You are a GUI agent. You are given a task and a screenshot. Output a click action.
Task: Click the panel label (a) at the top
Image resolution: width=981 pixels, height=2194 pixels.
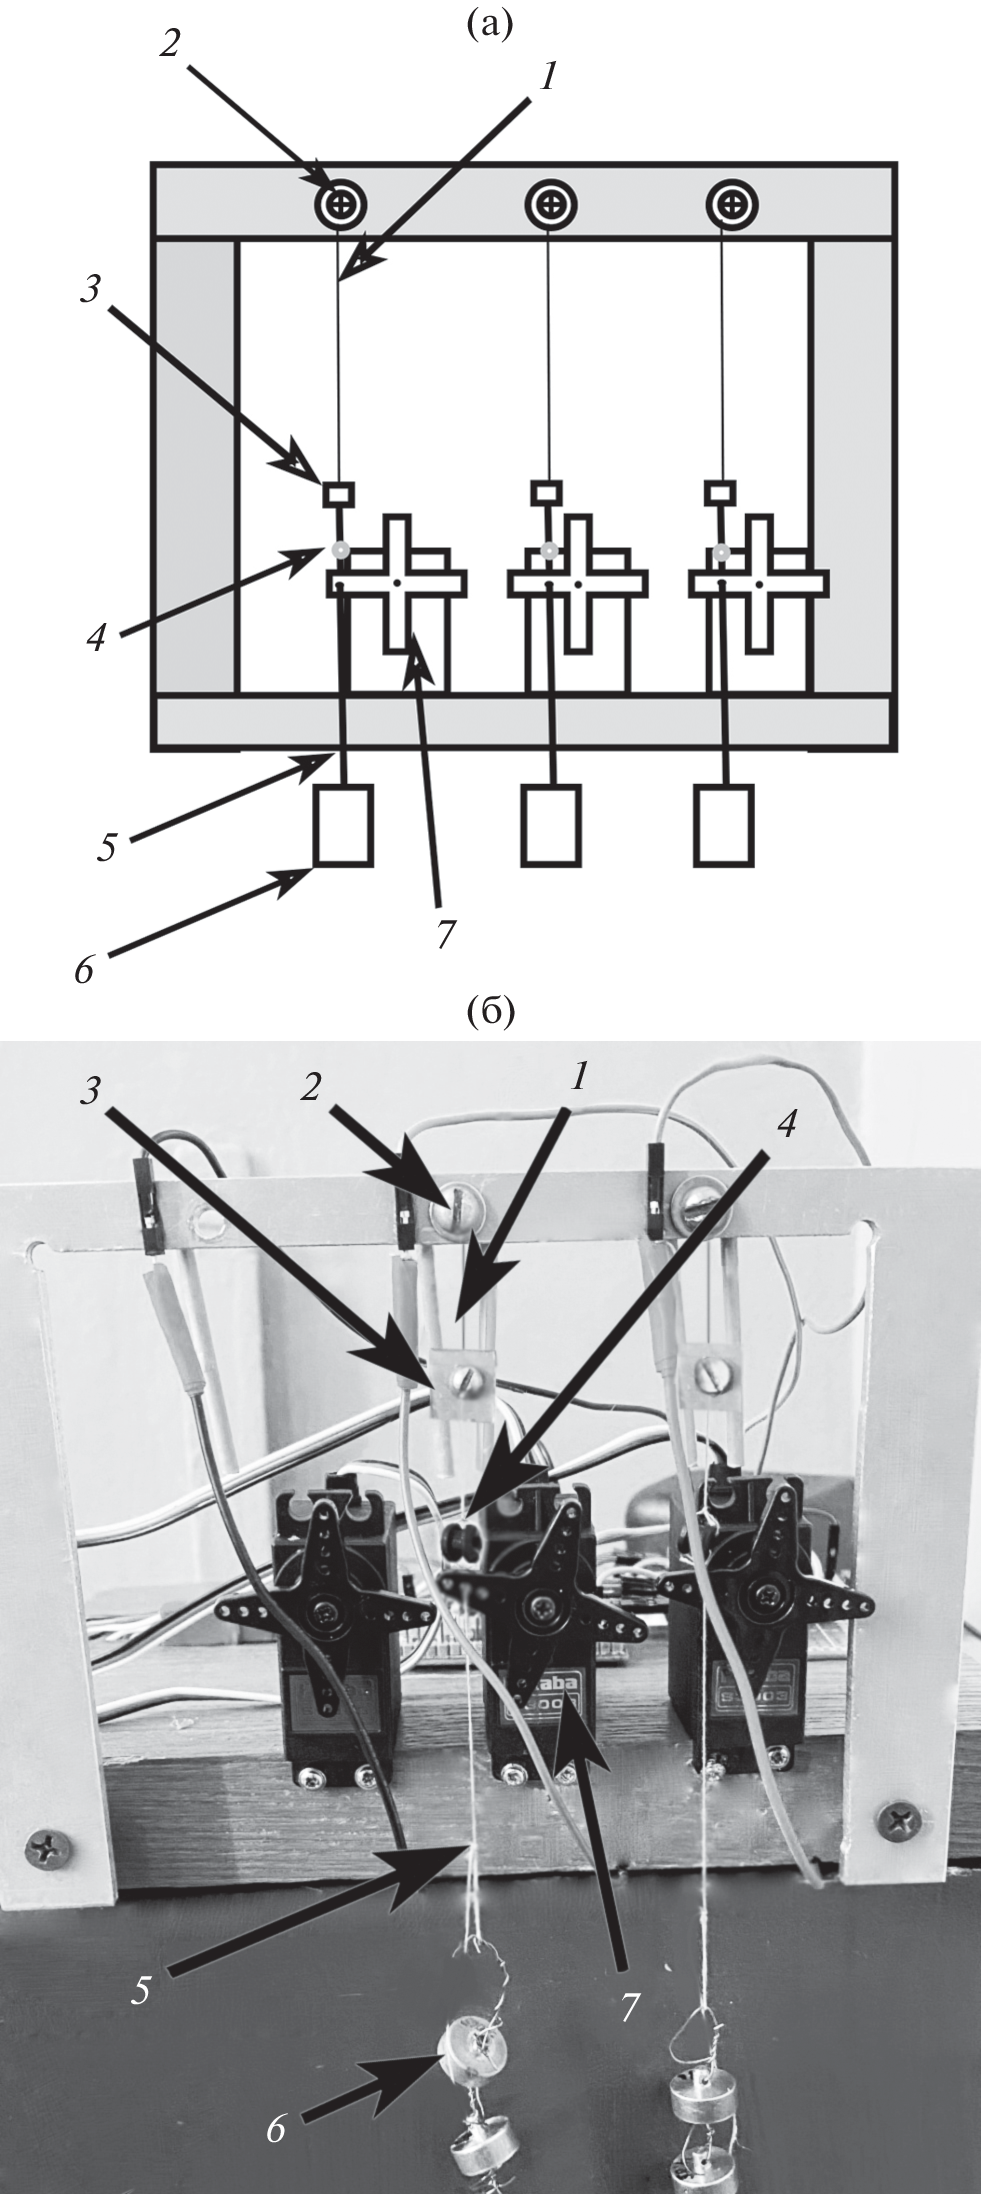click(x=489, y=22)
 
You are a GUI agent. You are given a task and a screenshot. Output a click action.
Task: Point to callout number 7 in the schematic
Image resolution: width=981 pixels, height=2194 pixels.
click(x=445, y=934)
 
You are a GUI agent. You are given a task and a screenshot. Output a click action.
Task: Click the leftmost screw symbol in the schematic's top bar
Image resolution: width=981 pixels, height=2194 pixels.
click(x=342, y=205)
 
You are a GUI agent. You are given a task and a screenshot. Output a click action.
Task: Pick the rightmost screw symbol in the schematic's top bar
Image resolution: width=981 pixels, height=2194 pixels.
click(x=733, y=205)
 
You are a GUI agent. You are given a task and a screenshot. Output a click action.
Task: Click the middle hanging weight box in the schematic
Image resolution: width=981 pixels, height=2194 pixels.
click(x=551, y=824)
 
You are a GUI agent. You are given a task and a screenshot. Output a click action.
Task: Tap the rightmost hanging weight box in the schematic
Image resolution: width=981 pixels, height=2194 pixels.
click(x=725, y=824)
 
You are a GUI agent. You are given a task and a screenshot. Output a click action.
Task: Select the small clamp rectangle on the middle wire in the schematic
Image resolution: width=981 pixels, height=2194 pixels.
click(x=546, y=491)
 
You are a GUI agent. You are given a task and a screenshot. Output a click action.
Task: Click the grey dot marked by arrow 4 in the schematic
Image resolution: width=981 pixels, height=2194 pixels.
click(x=341, y=548)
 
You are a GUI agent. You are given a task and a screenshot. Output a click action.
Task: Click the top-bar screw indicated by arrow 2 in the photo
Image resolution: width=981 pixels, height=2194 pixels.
click(x=449, y=1218)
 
